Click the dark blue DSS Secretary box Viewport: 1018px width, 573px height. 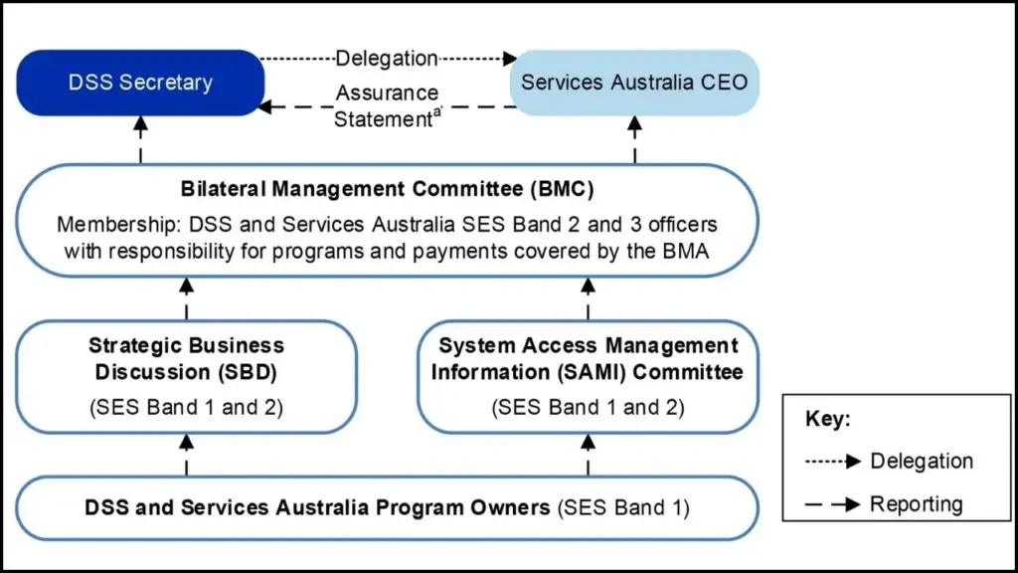point(140,83)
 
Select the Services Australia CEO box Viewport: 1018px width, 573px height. point(635,83)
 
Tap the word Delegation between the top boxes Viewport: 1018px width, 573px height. point(387,59)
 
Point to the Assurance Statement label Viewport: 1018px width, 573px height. point(387,105)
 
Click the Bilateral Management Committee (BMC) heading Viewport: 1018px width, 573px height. point(387,189)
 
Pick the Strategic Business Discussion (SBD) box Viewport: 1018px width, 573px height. point(186,376)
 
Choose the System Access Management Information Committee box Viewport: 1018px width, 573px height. point(589,376)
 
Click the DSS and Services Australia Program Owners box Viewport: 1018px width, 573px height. point(387,508)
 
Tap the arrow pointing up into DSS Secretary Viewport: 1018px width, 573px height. point(140,140)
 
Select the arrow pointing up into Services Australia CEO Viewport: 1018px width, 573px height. point(635,140)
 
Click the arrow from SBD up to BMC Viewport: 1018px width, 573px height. point(186,297)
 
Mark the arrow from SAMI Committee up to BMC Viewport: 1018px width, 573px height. point(589,297)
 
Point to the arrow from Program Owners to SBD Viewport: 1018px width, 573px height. point(186,455)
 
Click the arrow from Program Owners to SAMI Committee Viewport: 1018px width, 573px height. point(589,455)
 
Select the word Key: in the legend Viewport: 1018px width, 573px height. point(827,419)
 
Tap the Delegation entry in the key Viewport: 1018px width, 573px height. point(921,461)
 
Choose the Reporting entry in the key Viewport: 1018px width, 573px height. point(916,504)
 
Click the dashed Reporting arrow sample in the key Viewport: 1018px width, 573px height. point(833,504)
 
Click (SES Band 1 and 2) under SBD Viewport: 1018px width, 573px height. point(186,407)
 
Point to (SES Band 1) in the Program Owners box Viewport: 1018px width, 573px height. point(622,508)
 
